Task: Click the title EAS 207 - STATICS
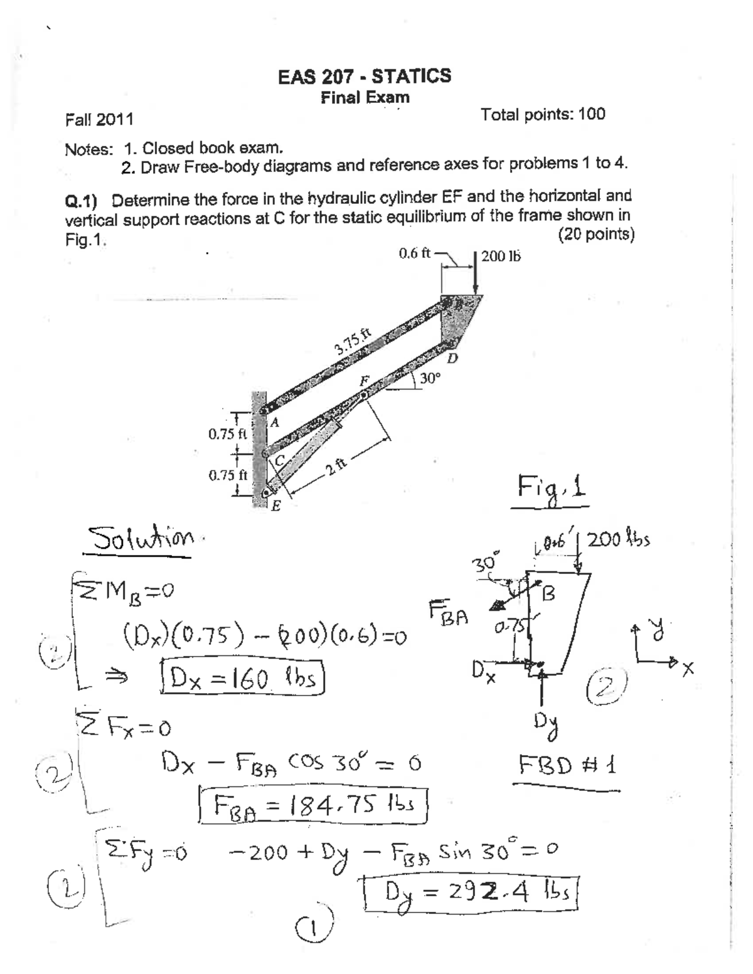(365, 77)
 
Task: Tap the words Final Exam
(365, 98)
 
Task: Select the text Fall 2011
(99, 119)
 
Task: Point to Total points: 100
(543, 114)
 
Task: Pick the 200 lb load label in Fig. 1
(501, 256)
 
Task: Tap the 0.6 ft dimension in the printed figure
(414, 253)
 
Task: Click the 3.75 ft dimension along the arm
(354, 343)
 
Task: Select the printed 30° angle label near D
(430, 378)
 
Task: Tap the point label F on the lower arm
(363, 381)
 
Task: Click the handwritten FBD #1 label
(568, 765)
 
